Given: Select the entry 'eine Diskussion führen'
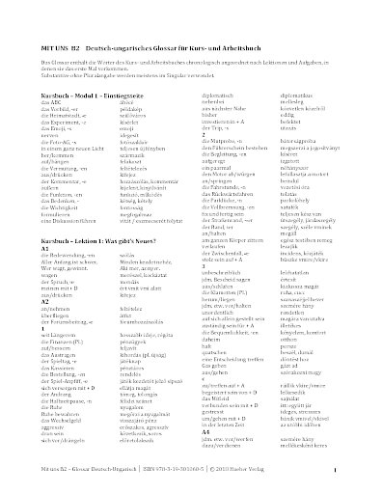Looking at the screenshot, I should (x=70, y=196).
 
